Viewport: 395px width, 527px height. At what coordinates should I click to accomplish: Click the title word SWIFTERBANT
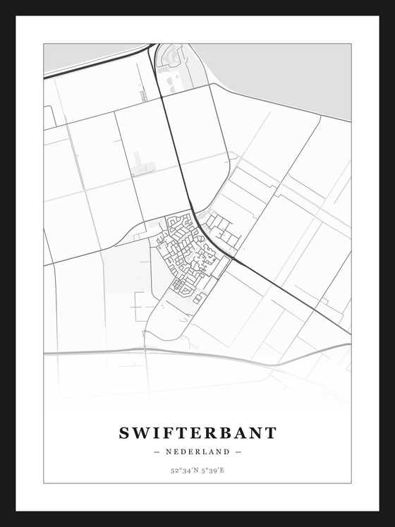pos(197,433)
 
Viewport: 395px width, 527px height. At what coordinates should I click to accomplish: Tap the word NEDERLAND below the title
pos(197,452)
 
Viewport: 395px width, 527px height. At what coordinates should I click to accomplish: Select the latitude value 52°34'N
pos(183,470)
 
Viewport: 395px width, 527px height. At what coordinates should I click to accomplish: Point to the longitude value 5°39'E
pos(212,470)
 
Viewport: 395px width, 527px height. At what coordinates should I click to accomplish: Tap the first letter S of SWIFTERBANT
pos(124,433)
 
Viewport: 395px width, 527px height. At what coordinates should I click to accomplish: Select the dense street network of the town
pos(185,250)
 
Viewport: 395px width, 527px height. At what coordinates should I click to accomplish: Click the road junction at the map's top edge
pos(152,47)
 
